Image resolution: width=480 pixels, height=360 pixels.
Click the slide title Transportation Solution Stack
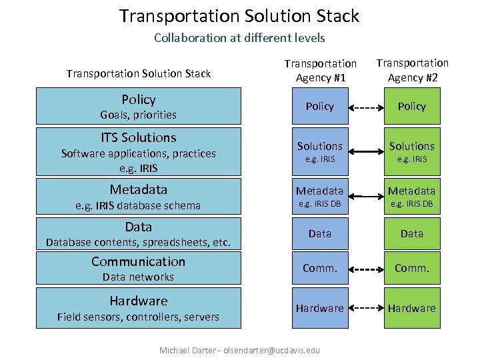[239, 15]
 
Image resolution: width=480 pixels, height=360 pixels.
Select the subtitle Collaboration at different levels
[239, 38]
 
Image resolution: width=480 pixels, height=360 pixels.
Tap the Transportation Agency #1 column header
[320, 70]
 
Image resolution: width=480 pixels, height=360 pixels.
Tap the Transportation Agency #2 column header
[412, 69]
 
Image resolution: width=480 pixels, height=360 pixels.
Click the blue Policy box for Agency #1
[320, 107]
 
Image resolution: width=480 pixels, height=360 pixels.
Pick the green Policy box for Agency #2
[412, 107]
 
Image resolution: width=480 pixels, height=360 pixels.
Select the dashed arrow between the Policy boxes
[365, 107]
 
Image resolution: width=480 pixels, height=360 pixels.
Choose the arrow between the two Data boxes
[365, 233]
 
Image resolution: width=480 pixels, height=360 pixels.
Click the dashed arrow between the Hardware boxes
[365, 308]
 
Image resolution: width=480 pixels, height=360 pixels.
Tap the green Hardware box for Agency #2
[412, 308]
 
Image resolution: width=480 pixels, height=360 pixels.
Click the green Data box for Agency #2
[412, 233]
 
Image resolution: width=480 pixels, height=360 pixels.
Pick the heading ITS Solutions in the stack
[139, 138]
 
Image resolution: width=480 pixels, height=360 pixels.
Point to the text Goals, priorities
[139, 115]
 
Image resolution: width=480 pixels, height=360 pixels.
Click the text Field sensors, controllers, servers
[139, 317]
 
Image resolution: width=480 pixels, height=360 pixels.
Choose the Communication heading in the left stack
[139, 261]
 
